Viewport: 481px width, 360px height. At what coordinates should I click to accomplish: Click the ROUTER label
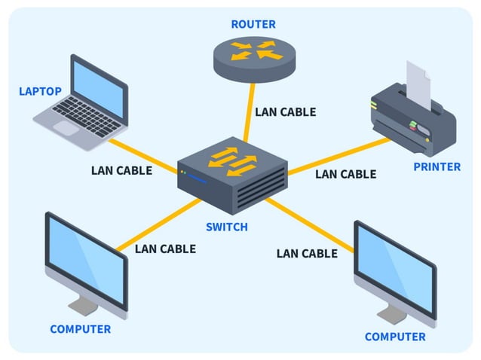coord(253,24)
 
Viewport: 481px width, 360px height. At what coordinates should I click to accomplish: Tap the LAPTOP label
coord(40,91)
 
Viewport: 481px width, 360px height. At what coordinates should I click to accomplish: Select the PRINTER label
coord(437,166)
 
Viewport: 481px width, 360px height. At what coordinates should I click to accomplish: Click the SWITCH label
coord(227,227)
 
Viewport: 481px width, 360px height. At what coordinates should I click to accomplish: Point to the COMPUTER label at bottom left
coord(80,329)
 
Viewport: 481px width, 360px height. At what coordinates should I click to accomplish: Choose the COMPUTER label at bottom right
coord(395,337)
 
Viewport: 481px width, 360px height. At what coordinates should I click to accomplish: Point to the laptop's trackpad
coord(67,128)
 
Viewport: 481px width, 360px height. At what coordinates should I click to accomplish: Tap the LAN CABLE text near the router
coord(285,112)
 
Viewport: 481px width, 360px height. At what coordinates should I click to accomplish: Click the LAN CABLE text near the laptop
coord(121,170)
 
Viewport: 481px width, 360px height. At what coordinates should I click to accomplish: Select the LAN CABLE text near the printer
coord(345,174)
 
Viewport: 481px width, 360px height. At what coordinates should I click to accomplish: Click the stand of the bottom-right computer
coord(391,311)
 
